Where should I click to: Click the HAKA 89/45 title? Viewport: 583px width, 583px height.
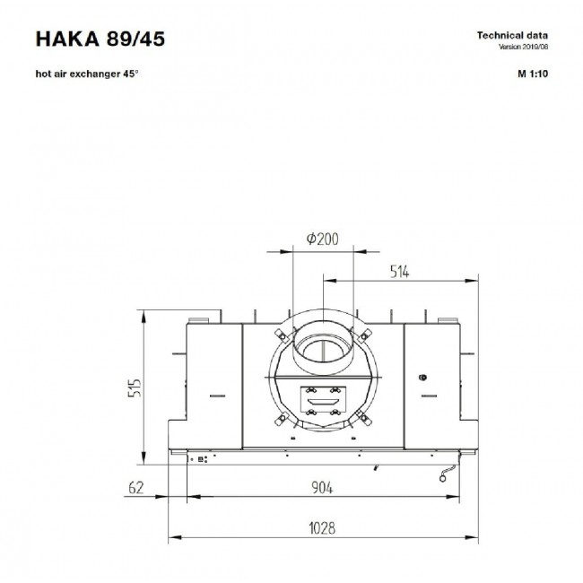click(100, 39)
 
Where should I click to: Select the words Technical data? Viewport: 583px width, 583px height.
click(512, 36)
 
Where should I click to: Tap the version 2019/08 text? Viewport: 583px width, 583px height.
click(523, 47)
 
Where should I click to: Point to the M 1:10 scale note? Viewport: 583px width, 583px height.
click(533, 74)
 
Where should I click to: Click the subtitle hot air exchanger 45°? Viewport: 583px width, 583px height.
click(87, 74)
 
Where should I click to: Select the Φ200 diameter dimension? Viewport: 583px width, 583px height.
click(322, 239)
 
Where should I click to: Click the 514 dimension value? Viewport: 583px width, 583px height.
click(399, 272)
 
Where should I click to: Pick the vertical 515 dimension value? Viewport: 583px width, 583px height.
click(135, 387)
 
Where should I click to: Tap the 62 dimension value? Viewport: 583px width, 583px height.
click(135, 487)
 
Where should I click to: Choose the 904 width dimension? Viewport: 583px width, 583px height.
click(322, 487)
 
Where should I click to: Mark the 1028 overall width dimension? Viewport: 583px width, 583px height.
click(322, 528)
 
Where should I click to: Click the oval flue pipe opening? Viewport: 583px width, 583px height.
click(323, 349)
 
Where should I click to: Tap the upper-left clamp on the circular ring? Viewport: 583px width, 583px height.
click(281, 335)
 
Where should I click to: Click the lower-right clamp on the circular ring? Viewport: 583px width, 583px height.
click(363, 417)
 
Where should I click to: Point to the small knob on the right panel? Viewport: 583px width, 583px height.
click(422, 378)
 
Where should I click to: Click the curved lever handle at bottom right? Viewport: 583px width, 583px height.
click(448, 473)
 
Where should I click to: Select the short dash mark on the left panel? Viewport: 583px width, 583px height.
click(218, 396)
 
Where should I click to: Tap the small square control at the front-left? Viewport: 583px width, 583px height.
click(201, 459)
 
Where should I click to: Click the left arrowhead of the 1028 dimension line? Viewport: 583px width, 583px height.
click(175, 537)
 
